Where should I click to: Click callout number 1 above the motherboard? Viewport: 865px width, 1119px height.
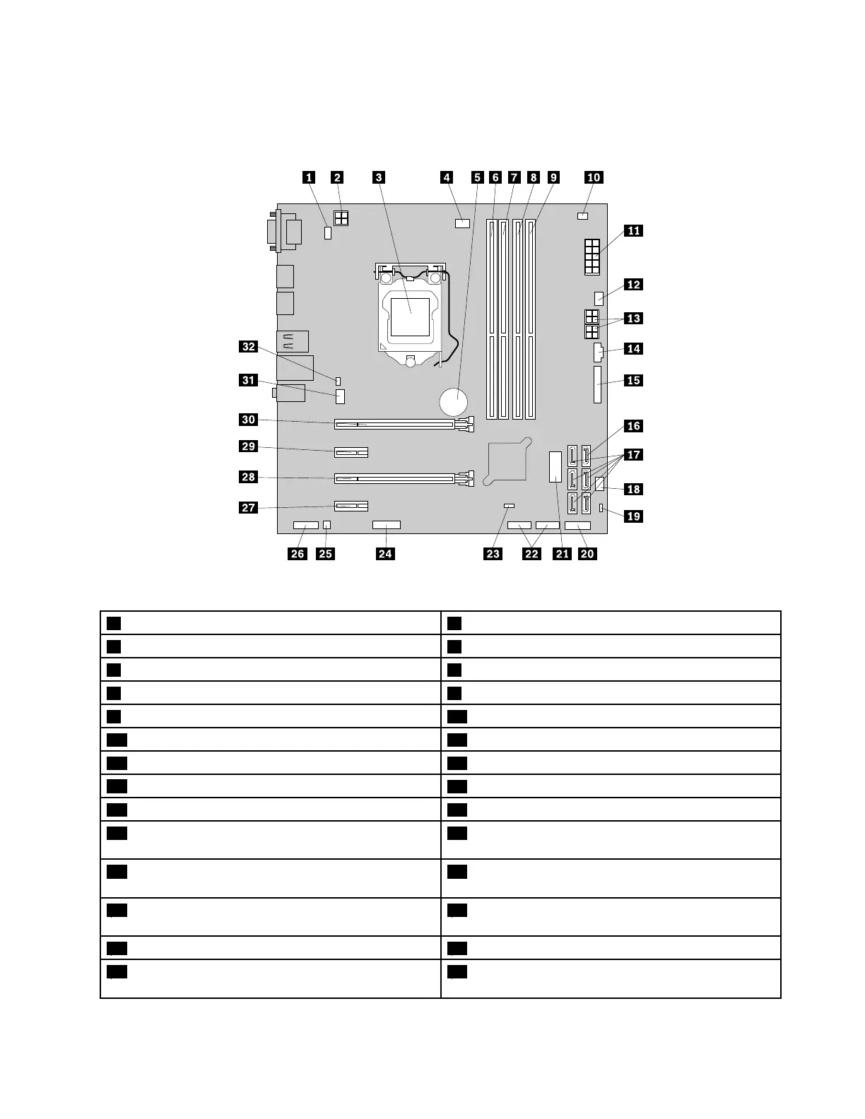(310, 177)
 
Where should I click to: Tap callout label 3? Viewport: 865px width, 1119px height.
(379, 177)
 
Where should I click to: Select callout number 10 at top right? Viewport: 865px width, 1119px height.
(594, 177)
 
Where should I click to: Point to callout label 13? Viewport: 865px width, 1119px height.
(633, 319)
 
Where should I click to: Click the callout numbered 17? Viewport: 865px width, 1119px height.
(633, 454)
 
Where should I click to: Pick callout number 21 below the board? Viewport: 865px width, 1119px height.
(562, 554)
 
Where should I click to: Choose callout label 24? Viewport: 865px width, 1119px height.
(385, 554)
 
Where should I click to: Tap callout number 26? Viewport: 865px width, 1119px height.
(298, 554)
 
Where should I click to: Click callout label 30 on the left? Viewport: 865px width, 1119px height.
(248, 420)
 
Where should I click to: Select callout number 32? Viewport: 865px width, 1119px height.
(248, 346)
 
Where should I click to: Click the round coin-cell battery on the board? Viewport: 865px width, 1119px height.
(453, 402)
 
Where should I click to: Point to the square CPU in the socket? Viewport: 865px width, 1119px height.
(411, 316)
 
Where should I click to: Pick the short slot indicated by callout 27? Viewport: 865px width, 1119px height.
(351, 507)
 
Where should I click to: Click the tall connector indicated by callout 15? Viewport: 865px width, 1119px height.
(598, 384)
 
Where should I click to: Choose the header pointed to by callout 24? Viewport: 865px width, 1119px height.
(386, 526)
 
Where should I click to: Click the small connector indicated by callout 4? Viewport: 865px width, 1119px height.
(463, 224)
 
